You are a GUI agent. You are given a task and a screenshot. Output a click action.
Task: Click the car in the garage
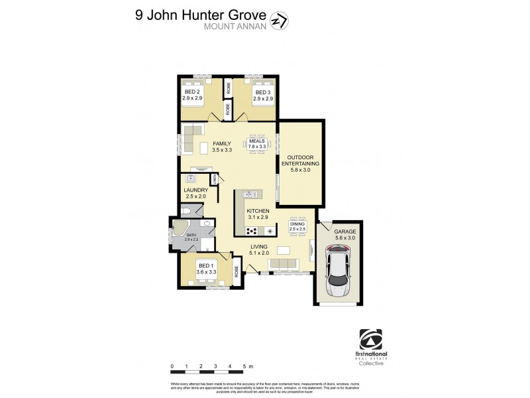click(339, 272)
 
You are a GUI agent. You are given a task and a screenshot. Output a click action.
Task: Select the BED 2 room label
click(192, 95)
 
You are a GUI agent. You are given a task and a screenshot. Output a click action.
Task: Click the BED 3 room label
click(264, 95)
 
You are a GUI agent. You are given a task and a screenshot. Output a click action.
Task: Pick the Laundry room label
click(196, 193)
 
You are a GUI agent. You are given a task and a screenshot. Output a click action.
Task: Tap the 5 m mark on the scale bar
click(244, 366)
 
